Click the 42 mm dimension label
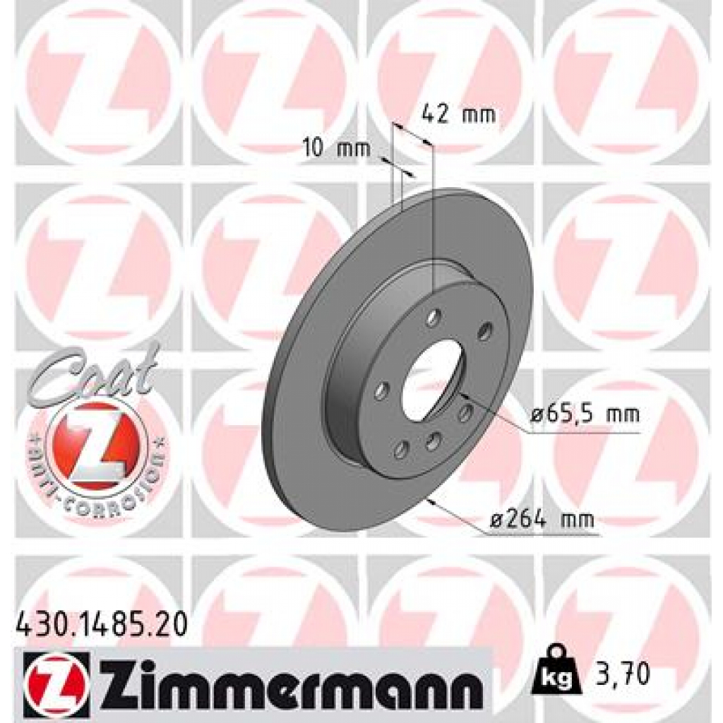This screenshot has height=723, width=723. click(458, 114)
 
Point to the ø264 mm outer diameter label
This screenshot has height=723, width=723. click(542, 521)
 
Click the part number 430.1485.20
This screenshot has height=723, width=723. click(101, 624)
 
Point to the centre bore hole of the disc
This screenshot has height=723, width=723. click(431, 378)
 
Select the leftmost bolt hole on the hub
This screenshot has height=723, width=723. click(382, 390)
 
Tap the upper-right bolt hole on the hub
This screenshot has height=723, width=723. click(484, 330)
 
